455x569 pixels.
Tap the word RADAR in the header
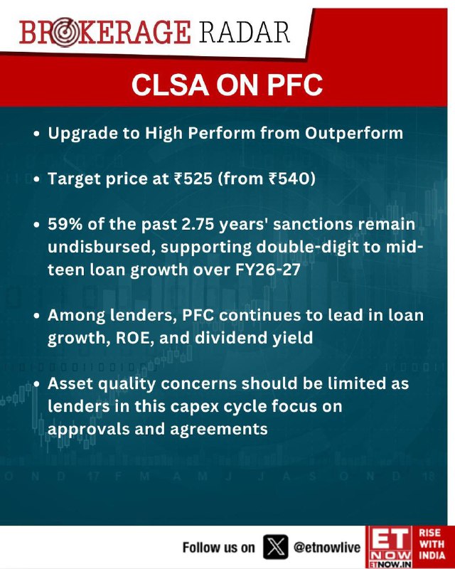245,33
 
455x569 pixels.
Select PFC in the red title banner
295,85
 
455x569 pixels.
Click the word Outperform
354,134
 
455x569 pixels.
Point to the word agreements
219,430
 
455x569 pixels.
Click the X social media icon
275,547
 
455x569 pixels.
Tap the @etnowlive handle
326,547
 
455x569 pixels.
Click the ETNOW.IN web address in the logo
390,565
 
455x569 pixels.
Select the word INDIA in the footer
432,555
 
